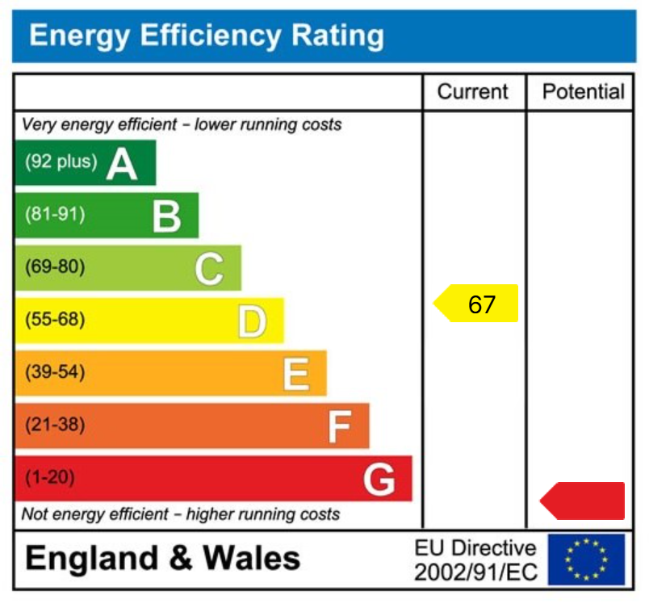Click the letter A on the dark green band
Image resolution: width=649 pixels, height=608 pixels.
click(x=122, y=165)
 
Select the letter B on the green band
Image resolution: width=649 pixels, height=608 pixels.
click(x=167, y=216)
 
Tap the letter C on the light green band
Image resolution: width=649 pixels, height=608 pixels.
click(x=209, y=269)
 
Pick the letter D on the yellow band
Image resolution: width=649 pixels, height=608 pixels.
click(x=252, y=321)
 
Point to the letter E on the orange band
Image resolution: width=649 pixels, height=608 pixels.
click(x=296, y=374)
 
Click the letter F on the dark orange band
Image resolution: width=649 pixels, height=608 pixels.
click(x=340, y=426)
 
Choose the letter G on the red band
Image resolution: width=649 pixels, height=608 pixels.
click(x=379, y=480)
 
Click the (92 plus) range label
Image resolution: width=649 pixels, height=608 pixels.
click(x=61, y=161)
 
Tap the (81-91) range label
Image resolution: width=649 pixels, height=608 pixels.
click(x=55, y=215)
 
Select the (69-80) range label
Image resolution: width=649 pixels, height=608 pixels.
click(x=55, y=267)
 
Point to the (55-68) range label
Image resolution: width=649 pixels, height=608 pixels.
click(x=55, y=320)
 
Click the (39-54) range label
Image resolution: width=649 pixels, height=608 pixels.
click(x=55, y=372)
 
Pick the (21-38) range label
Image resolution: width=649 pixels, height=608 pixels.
click(x=55, y=425)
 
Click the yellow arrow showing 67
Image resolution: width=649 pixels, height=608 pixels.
click(x=477, y=304)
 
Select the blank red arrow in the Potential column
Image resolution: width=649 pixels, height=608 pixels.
click(x=584, y=501)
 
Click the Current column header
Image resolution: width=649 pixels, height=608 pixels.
click(x=473, y=92)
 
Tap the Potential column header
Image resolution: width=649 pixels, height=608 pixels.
click(x=583, y=92)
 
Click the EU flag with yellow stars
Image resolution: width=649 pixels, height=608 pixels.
click(x=586, y=559)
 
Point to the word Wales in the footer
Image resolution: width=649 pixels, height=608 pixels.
click(x=251, y=558)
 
